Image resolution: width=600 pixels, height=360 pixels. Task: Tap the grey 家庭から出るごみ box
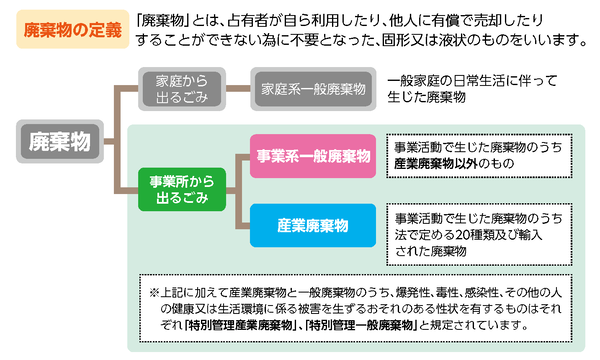[x=183, y=86]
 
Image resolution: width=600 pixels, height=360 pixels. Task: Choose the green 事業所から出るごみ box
[x=180, y=190]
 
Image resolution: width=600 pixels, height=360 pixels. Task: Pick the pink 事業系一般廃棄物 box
[x=311, y=156]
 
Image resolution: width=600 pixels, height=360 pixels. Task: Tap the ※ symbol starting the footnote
[x=153, y=292]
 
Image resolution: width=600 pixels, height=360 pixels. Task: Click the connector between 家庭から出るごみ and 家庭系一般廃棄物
[x=237, y=86]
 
